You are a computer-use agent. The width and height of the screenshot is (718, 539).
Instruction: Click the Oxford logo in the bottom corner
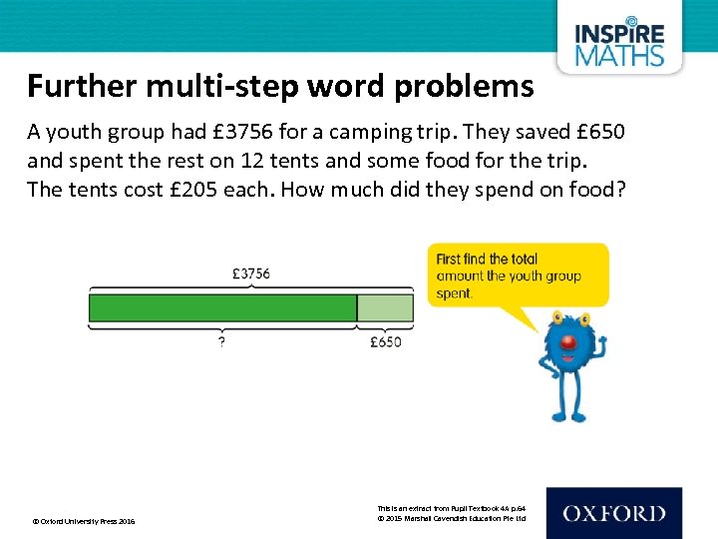[613, 514]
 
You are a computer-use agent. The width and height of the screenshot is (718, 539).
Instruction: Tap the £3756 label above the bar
[250, 273]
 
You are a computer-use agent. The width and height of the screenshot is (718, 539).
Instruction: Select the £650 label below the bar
[385, 341]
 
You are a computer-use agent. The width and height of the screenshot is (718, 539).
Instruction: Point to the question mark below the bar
[221, 341]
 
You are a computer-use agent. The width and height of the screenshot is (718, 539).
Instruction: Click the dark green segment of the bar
[222, 307]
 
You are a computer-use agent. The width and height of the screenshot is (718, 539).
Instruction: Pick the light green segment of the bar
[385, 307]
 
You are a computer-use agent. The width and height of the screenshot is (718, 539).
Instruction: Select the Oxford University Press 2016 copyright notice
[84, 521]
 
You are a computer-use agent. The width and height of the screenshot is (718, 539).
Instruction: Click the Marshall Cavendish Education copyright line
[451, 519]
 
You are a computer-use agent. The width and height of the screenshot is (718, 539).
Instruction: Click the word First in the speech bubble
[454, 260]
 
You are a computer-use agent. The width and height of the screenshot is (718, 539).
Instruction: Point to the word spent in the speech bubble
[455, 293]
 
